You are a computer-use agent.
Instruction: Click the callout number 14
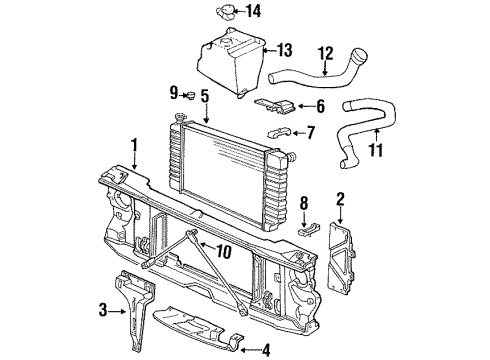(x=253, y=11)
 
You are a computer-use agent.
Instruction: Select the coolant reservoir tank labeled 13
(x=231, y=63)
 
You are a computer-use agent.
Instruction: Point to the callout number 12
(x=325, y=53)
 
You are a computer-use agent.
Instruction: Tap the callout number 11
(x=376, y=150)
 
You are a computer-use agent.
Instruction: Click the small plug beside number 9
(x=191, y=95)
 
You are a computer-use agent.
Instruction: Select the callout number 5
(x=205, y=96)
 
